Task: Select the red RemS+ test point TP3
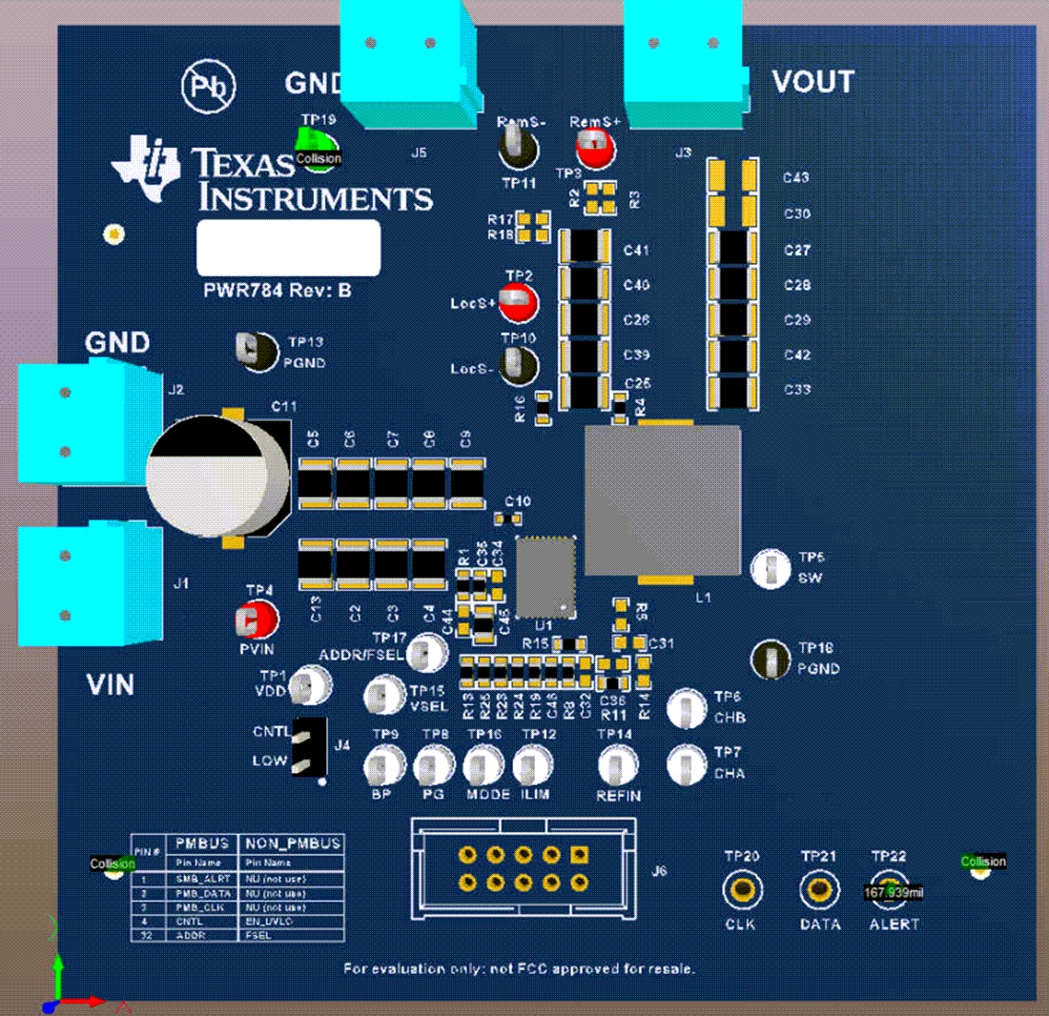pyautogui.click(x=595, y=149)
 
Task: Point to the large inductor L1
pyautogui.click(x=662, y=501)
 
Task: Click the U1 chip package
pyautogui.click(x=546, y=576)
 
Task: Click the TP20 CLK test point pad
pyautogui.click(x=742, y=890)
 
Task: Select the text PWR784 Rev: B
pyautogui.click(x=278, y=291)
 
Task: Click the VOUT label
pyautogui.click(x=812, y=82)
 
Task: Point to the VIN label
pyautogui.click(x=110, y=684)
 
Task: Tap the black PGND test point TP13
pyautogui.click(x=254, y=350)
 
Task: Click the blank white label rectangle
pyautogui.click(x=288, y=248)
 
